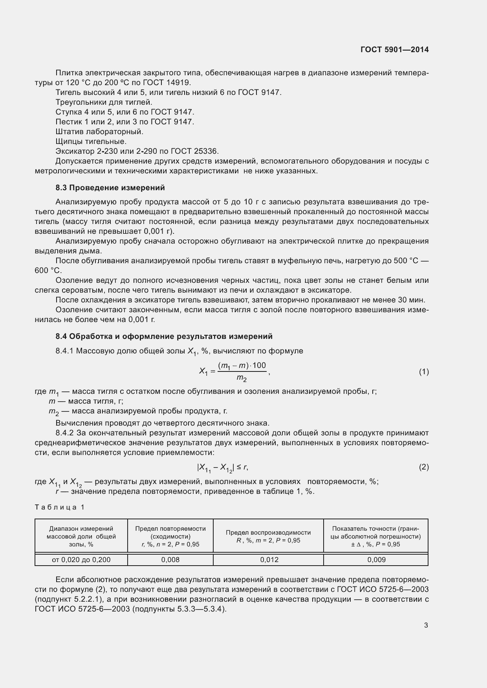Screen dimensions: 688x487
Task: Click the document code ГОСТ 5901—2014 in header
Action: [394, 50]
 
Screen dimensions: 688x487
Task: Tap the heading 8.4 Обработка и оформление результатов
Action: [164, 336]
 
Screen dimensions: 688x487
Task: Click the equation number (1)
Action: [424, 372]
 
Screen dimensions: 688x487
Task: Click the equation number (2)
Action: [424, 467]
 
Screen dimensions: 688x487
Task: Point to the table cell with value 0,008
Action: [170, 560]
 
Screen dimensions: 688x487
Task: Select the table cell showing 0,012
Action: [269, 560]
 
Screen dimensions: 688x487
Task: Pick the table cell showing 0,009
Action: [376, 560]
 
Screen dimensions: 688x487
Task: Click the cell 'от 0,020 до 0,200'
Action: [81, 560]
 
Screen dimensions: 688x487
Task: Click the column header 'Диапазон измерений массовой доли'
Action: [81, 536]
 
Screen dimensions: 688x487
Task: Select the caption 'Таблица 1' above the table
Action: [60, 507]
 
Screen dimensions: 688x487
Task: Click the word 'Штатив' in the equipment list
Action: [68, 131]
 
